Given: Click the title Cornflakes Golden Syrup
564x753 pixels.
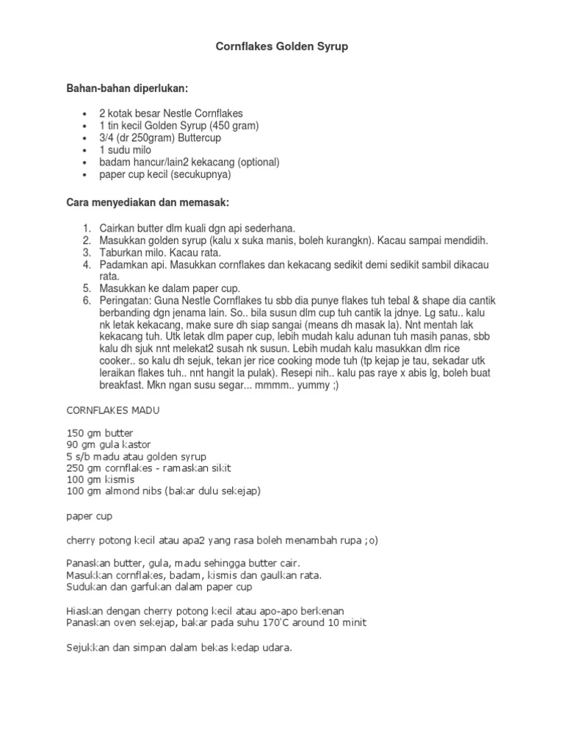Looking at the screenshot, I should pos(281,46).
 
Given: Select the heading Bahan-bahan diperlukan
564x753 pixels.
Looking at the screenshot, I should pos(128,88).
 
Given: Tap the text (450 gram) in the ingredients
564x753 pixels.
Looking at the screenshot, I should pos(234,126).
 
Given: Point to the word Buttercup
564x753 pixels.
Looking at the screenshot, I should pos(198,138).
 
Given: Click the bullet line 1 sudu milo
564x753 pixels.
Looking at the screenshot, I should pos(129,149).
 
